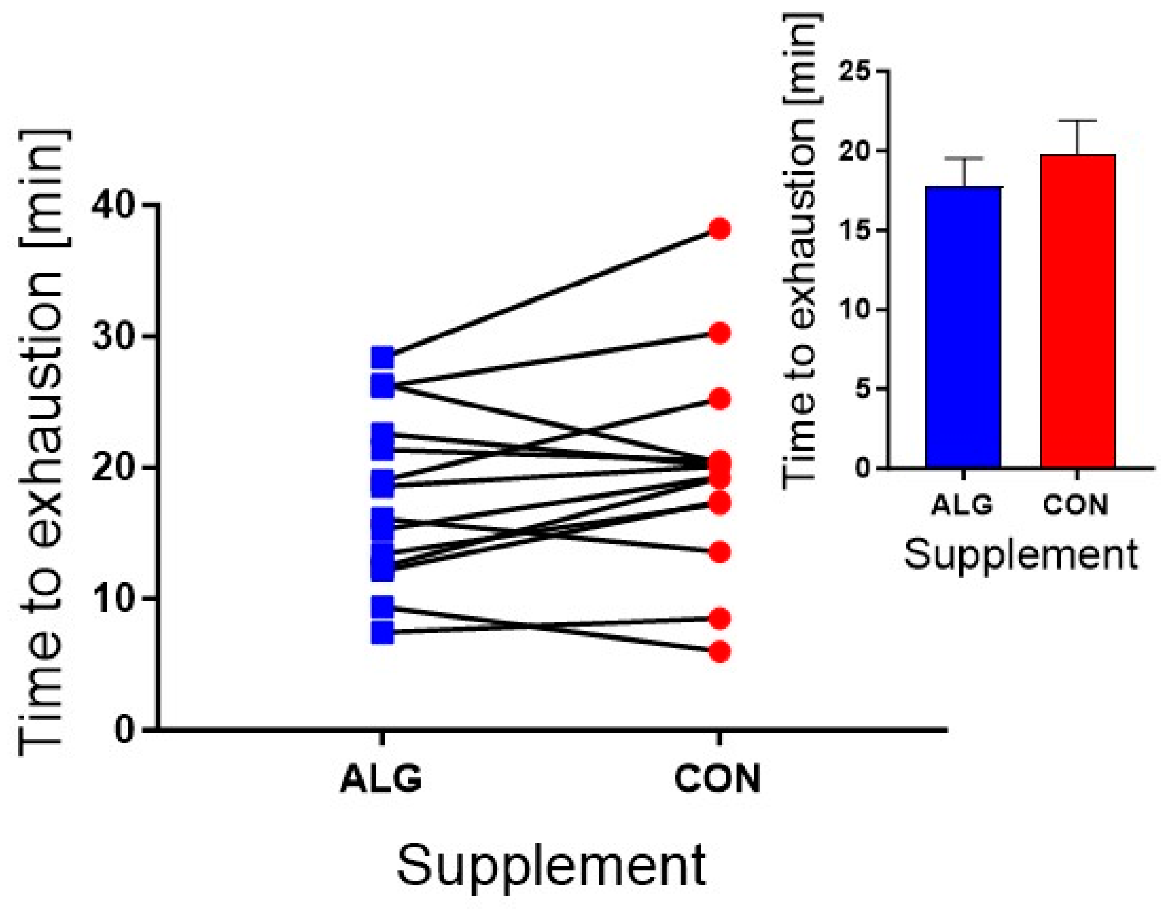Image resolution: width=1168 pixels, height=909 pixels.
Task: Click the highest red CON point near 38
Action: pos(720,229)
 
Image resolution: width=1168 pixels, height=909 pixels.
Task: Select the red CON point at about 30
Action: pos(720,333)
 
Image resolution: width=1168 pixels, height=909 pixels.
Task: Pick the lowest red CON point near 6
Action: pos(720,652)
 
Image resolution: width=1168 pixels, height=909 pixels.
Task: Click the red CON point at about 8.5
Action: pos(720,618)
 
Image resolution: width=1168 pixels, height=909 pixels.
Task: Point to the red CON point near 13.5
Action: pos(720,552)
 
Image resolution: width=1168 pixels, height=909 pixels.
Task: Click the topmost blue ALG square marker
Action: pos(383,358)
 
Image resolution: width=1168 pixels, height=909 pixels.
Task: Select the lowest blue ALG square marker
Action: pos(383,632)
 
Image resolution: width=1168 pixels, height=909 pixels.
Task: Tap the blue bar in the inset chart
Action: pos(964,327)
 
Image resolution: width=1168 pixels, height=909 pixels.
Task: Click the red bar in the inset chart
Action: pos(1078,311)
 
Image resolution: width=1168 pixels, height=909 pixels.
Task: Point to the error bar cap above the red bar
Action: pos(1078,121)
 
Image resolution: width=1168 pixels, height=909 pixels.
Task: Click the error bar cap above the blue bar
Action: pos(964,158)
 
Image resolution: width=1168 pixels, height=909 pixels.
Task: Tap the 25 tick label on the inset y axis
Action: pos(857,72)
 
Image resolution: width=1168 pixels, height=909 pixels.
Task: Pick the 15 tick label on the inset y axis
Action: pos(857,231)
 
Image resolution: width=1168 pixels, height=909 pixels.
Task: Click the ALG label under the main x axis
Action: pos(381,779)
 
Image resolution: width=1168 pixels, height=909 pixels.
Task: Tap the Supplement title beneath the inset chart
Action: pos(1021,554)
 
